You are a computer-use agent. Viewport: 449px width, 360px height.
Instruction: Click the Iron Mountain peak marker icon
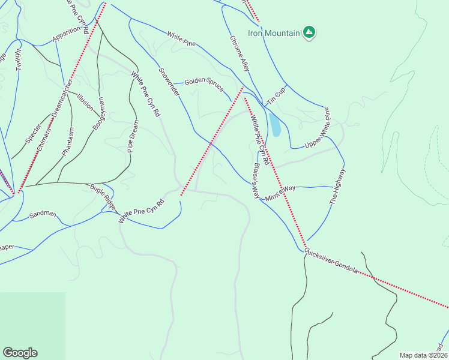point(309,32)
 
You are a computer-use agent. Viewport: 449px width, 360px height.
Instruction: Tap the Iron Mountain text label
point(274,33)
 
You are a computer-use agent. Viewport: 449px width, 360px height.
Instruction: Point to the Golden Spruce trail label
point(203,81)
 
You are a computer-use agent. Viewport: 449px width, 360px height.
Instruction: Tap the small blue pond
point(275,125)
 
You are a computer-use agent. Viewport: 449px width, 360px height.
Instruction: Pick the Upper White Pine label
point(318,127)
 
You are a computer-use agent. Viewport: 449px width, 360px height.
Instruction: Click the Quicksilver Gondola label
point(331,262)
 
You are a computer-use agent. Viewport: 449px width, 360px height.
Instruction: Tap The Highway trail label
point(338,187)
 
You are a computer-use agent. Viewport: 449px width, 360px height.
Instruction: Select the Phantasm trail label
point(67,142)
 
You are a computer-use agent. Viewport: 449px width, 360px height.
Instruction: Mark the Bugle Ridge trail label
point(102,196)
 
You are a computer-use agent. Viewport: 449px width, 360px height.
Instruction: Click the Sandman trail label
point(43,214)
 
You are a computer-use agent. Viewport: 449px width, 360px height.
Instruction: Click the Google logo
point(20,353)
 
